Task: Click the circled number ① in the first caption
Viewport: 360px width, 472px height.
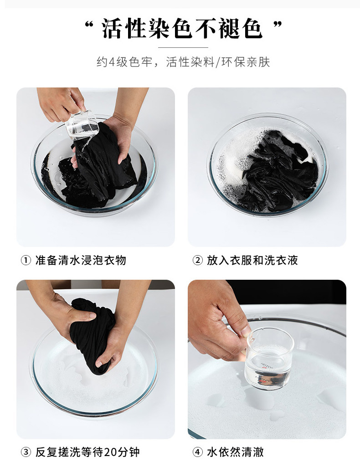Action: pos(26,260)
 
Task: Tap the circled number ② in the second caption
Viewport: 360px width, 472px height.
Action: pos(197,260)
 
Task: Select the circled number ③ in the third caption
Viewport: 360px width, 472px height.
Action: pos(26,452)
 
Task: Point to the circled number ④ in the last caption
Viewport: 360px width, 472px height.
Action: pos(197,452)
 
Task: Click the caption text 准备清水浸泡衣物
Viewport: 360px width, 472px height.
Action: pos(81,260)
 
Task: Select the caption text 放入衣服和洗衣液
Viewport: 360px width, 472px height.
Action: pos(252,260)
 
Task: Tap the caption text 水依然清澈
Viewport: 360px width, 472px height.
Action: pos(236,452)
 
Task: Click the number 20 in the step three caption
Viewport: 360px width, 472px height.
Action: pos(110,452)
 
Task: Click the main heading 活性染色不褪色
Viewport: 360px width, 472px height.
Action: pos(182,29)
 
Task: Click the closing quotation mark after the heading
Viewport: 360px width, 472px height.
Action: pos(278,24)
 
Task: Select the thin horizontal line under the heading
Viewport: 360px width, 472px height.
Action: pos(183,47)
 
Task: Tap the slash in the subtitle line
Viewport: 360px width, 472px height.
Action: pos(218,62)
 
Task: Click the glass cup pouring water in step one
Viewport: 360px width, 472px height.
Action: pos(82,125)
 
